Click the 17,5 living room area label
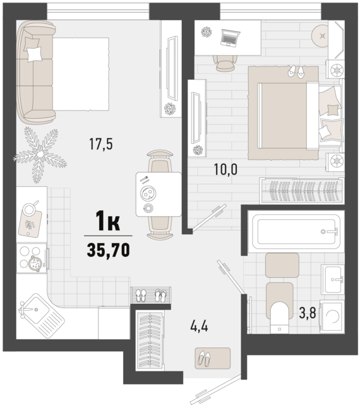pyautogui.click(x=101, y=144)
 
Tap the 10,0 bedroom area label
pyautogui.click(x=225, y=169)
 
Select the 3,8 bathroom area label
pyautogui.click(x=308, y=313)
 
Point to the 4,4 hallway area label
pyautogui.click(x=199, y=326)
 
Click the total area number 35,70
pyautogui.click(x=108, y=250)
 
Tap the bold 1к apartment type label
pyautogui.click(x=108, y=221)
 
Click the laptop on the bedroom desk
pyautogui.click(x=230, y=38)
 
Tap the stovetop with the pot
pyautogui.click(x=32, y=258)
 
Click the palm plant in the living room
pyautogui.click(x=40, y=155)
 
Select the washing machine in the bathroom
pyautogui.click(x=332, y=316)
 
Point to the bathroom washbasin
pyautogui.click(x=333, y=279)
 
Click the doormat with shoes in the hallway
pyautogui.click(x=213, y=358)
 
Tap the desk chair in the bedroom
pyautogui.click(x=225, y=63)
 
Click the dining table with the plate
pyautogui.click(x=159, y=194)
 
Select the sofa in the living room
pyautogui.click(x=35, y=73)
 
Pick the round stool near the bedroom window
pyautogui.click(x=323, y=36)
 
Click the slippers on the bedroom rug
pyautogui.click(x=296, y=71)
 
